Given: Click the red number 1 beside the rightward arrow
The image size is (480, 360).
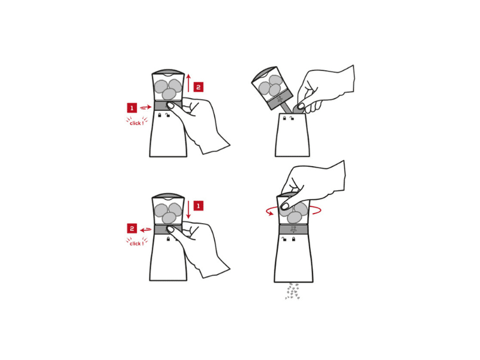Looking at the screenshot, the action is [x=132, y=108].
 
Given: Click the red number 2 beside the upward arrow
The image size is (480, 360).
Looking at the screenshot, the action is [x=199, y=87].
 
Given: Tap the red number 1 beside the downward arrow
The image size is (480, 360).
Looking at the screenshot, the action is [x=199, y=206].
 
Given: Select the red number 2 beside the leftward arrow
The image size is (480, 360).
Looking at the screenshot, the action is [x=132, y=229].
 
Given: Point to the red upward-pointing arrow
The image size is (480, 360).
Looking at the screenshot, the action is [x=188, y=83].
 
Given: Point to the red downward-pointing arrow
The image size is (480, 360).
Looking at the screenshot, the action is [x=188, y=209].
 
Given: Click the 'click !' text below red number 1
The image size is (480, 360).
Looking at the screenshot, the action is [x=137, y=123].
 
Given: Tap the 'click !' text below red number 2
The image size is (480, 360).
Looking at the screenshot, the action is [x=137, y=244].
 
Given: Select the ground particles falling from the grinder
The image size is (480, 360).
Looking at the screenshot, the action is [x=292, y=291].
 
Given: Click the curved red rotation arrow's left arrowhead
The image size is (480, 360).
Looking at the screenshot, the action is [x=270, y=213].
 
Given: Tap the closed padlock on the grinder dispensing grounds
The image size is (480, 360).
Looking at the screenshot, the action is [x=293, y=239].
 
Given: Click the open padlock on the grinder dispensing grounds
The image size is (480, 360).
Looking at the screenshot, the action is [x=284, y=239].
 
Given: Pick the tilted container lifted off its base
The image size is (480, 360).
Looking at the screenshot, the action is [x=272, y=88].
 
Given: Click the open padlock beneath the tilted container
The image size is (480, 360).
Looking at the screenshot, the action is [x=292, y=118].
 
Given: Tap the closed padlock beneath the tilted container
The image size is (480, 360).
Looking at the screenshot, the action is [x=284, y=118].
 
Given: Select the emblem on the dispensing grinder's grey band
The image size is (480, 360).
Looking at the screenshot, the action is [x=293, y=229].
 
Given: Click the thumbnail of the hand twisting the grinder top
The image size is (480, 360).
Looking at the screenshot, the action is [x=284, y=206].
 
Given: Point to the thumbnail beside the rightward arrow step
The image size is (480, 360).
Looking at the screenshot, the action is [x=170, y=106].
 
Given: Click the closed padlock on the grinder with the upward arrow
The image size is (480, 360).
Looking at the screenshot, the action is [x=160, y=115].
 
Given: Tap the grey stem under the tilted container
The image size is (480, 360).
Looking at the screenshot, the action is [x=287, y=108].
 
